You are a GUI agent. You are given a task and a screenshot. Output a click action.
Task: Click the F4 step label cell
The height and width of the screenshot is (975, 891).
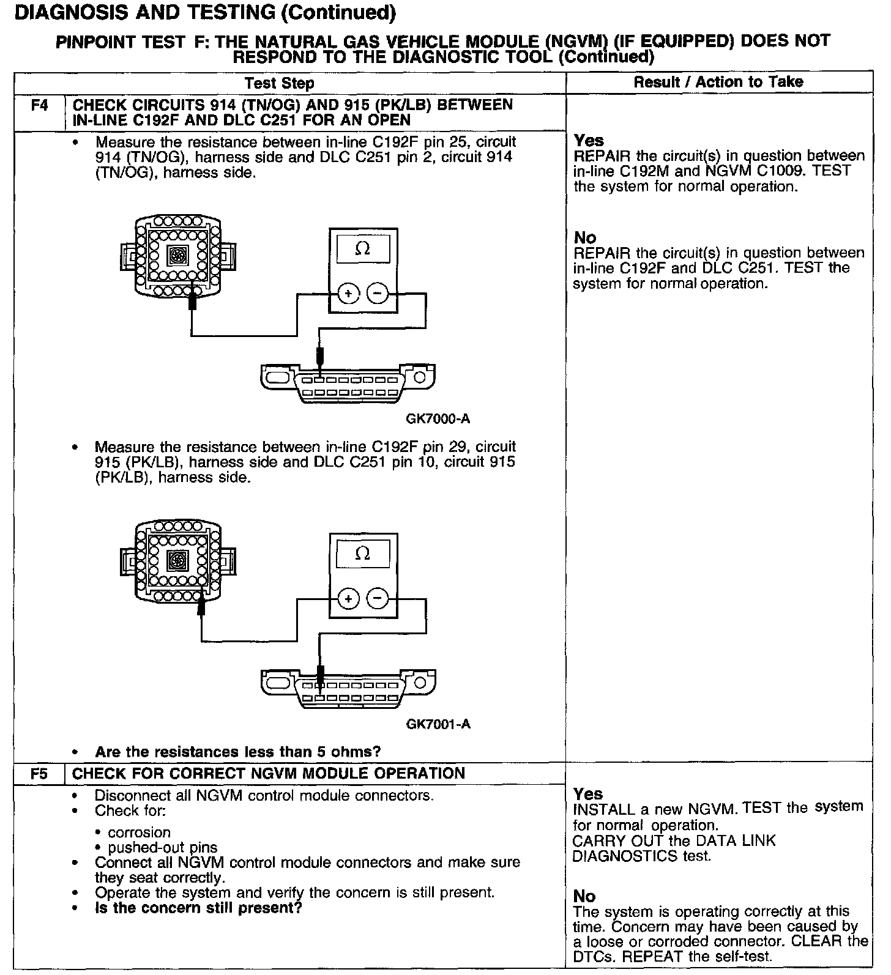[x=39, y=105]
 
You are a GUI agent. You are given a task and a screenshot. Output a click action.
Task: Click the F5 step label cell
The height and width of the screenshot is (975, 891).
[x=39, y=774]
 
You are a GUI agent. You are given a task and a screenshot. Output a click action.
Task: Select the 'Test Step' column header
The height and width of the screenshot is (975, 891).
[x=279, y=83]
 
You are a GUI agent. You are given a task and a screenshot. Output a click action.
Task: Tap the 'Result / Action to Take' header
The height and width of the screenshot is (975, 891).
[x=718, y=82]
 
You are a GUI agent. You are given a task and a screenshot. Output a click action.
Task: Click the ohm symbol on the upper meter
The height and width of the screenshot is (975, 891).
[x=363, y=249]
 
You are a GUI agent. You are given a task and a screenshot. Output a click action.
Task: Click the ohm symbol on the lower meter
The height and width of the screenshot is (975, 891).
[x=363, y=554]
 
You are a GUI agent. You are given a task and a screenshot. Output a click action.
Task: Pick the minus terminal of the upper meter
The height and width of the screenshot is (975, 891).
[x=378, y=294]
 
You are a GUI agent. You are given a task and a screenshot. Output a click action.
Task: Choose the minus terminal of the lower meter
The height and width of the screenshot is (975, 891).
[x=378, y=598]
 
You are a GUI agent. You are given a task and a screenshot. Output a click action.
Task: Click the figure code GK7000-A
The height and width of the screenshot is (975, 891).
[x=438, y=419]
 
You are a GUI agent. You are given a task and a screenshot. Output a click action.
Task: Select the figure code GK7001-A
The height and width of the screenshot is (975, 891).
[x=438, y=724]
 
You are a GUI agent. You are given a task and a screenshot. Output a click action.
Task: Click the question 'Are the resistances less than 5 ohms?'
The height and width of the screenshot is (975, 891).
[x=237, y=751]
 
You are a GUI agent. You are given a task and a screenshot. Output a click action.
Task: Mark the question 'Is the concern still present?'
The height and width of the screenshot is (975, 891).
[x=198, y=908]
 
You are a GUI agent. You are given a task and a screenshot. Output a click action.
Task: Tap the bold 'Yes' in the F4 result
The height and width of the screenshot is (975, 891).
[x=589, y=141]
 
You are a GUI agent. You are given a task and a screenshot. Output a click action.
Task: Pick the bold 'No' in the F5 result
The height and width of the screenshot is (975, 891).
[x=584, y=896]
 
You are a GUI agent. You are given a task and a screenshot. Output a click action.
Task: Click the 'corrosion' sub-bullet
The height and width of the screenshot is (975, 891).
[x=139, y=832]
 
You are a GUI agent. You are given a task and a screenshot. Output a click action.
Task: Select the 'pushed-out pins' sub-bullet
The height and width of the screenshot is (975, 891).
[x=162, y=848]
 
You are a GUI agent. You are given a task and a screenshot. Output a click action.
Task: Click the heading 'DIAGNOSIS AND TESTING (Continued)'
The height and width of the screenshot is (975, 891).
[x=204, y=12]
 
